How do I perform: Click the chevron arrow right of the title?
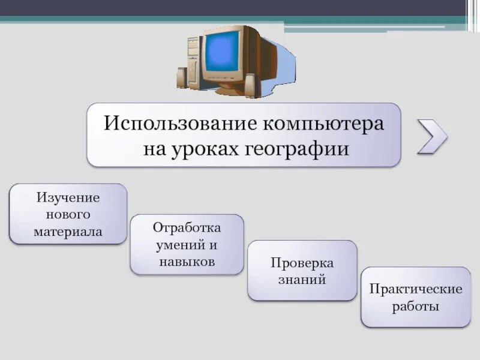432,136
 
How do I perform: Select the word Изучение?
68,197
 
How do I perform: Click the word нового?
68,214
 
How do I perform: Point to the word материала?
68,231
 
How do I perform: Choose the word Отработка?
187,228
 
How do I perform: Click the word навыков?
187,262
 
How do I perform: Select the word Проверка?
302,263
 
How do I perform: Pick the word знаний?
302,280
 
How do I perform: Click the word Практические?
415,290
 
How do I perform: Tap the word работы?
415,307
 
